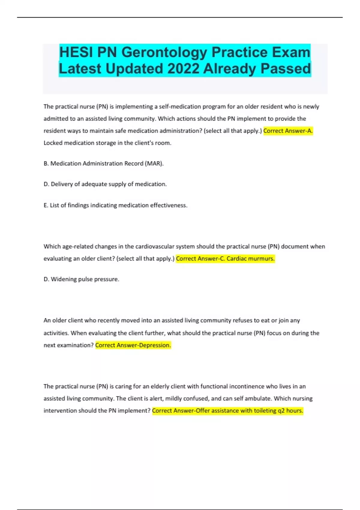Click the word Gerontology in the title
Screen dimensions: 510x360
pyautogui.click(x=164, y=52)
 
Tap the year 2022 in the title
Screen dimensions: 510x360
pyautogui.click(x=183, y=69)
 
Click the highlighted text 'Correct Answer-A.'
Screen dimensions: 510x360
pyautogui.click(x=288, y=131)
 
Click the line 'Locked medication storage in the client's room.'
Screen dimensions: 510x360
pyautogui.click(x=107, y=143)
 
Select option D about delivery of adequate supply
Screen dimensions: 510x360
pyautogui.click(x=105, y=184)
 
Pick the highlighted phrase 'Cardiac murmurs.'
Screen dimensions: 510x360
pyautogui.click(x=250, y=259)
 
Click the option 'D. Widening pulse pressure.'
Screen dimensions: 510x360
pyautogui.click(x=81, y=279)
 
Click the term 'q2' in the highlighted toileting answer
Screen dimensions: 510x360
pyautogui.click(x=281, y=411)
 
